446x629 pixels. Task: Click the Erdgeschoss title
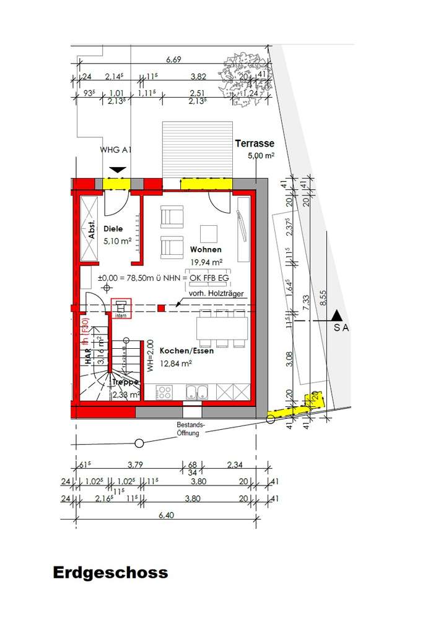[x=110, y=572]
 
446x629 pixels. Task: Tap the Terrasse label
[x=254, y=143]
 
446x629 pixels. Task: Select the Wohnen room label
[x=206, y=249]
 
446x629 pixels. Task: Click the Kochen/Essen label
[x=186, y=351]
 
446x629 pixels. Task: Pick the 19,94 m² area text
[x=206, y=262]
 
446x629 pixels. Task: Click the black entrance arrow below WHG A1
[x=117, y=169]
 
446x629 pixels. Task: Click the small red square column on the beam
[x=161, y=307]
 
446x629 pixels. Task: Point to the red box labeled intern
[x=121, y=308]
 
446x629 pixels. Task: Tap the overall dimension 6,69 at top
[x=173, y=60]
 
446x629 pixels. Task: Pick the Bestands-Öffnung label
[x=188, y=430]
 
